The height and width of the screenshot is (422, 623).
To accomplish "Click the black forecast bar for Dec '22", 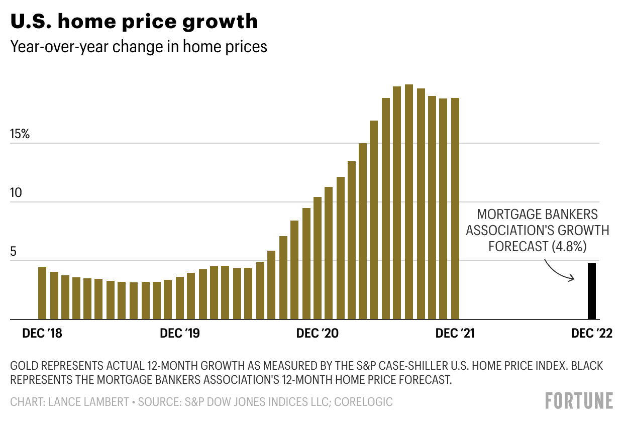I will click(592, 291).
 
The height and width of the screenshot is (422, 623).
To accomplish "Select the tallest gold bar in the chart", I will click(408, 201).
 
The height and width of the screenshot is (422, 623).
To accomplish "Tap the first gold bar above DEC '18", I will click(42, 293).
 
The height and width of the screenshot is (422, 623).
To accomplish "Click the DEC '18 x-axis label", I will click(42, 334).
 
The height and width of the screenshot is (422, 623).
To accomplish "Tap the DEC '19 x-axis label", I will click(179, 334).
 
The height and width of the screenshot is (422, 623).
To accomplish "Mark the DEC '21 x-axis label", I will click(455, 334).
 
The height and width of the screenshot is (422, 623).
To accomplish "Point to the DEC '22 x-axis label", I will click(591, 334).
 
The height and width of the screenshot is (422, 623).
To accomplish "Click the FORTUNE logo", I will click(579, 401).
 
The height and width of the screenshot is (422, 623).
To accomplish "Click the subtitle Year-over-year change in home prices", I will click(139, 47).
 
